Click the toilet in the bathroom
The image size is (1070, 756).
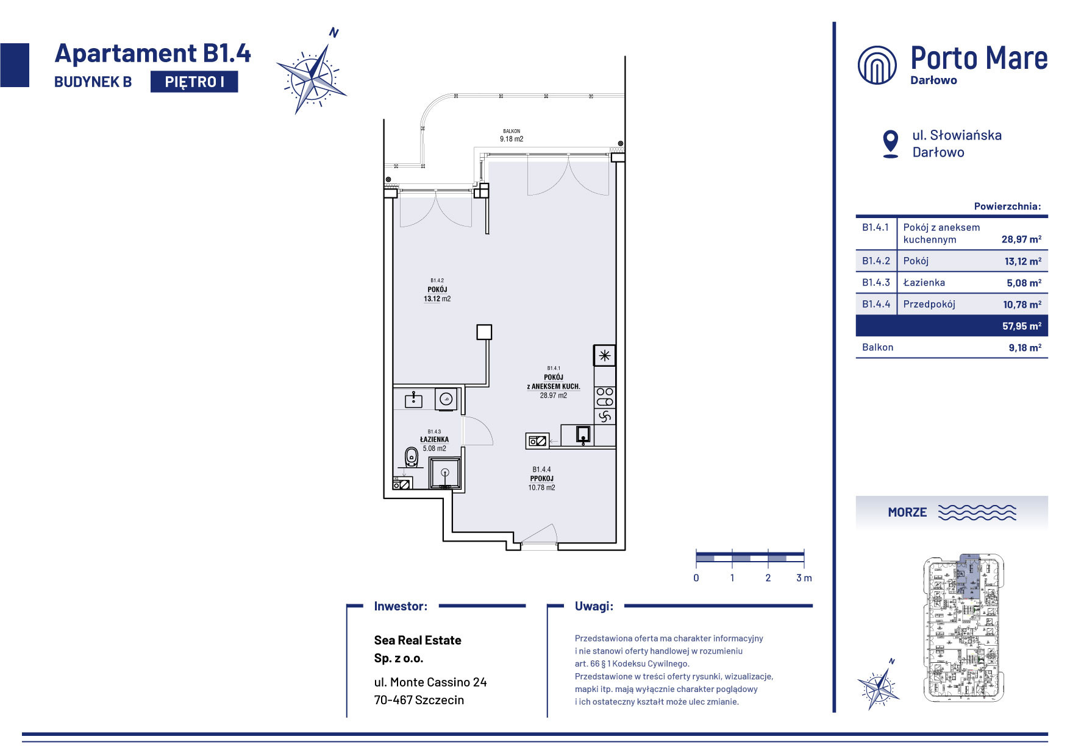412,457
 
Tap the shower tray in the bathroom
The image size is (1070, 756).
445,473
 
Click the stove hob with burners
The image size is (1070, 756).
605,397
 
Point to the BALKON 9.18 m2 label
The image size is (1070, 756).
512,135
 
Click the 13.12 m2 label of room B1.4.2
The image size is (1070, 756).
437,299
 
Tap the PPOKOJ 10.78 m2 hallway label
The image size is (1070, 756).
541,479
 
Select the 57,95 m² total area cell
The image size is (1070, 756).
1021,326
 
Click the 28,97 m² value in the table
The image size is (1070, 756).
1021,239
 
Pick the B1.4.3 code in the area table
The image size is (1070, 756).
876,282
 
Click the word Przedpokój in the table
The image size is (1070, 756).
929,304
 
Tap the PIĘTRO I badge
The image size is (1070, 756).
194,82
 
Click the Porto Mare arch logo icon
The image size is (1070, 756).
877,65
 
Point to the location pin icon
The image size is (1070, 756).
891,144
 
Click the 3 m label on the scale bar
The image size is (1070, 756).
804,578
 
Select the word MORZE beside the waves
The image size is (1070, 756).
907,512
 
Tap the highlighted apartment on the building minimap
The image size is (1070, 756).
969,576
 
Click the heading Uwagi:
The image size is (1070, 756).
594,606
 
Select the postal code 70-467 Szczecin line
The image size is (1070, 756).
419,700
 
